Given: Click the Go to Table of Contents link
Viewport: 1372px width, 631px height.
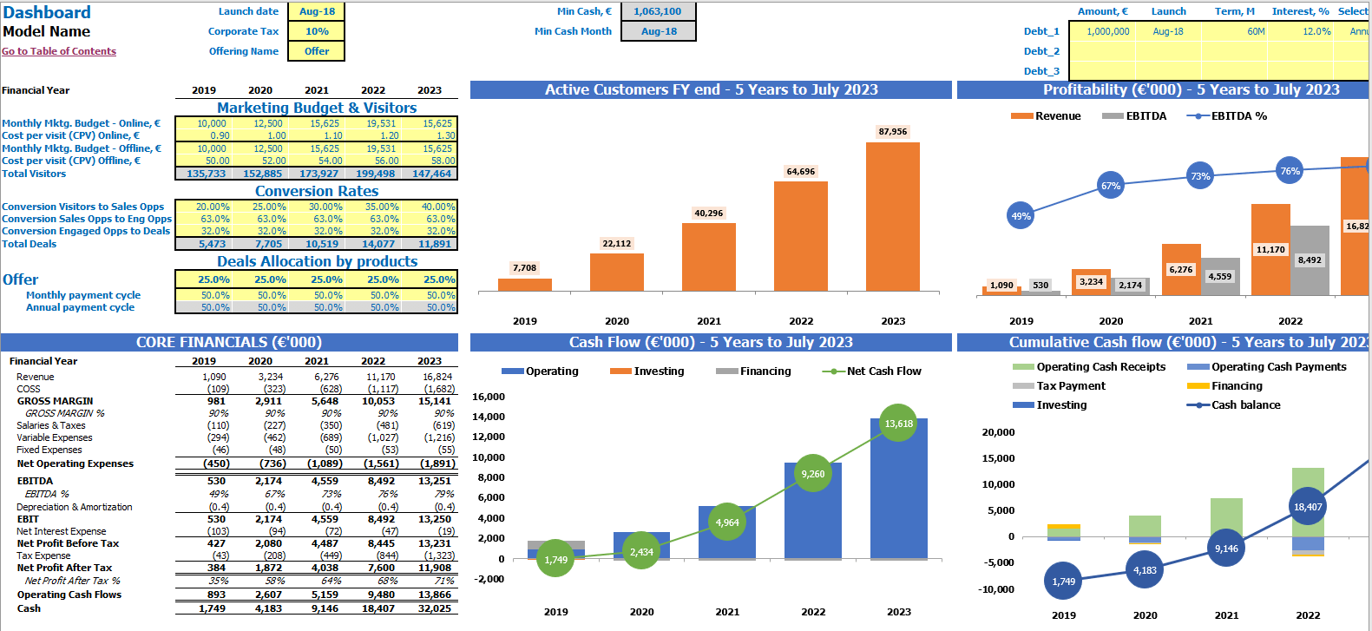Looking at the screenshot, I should [59, 51].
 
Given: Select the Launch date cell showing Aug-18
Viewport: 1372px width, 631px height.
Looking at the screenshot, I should [317, 11].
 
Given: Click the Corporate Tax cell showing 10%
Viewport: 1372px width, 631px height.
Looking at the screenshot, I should [317, 31].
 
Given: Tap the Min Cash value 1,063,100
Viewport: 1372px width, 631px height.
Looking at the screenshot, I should [657, 11].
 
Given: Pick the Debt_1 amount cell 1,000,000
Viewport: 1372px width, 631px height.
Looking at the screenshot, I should [1108, 31].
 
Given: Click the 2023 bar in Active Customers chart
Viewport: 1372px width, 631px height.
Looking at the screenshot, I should [892, 217].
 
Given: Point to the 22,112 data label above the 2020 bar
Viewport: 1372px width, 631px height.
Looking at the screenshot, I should [617, 244].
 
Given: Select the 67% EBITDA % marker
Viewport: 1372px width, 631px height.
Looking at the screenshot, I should [1111, 186].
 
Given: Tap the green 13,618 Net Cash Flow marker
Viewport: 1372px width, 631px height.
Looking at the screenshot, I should [898, 424].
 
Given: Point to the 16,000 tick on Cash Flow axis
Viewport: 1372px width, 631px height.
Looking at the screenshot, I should [489, 397].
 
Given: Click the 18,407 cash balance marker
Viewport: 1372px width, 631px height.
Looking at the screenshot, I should [1308, 507].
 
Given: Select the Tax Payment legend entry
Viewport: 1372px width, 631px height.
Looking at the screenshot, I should [1070, 386].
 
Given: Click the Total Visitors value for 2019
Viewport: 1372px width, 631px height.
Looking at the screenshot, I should [206, 174].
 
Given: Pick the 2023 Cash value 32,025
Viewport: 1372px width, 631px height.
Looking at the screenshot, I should [435, 608].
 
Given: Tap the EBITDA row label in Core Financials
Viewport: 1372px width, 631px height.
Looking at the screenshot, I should [35, 481].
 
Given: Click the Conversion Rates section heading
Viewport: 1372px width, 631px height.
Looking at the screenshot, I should [317, 191].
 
